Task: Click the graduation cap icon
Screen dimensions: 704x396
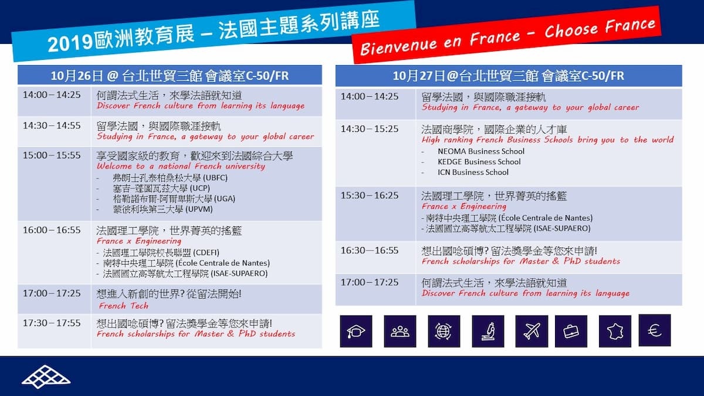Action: point(356,331)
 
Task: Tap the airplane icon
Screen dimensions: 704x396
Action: point(532,331)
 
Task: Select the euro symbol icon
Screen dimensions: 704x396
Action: point(655,330)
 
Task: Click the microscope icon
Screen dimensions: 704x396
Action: point(488,331)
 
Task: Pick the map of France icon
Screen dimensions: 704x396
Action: point(615,331)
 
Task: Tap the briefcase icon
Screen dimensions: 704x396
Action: point(571,331)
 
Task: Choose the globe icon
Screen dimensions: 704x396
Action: point(444,331)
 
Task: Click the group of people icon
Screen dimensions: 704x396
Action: point(400,331)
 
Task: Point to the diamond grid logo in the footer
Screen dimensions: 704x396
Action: point(46,377)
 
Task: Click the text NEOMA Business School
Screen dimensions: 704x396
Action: point(481,151)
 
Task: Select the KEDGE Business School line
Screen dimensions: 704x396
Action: point(479,161)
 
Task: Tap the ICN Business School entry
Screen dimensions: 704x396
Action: point(473,172)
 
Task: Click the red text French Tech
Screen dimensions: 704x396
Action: point(124,306)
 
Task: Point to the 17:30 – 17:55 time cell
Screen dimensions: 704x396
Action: point(52,323)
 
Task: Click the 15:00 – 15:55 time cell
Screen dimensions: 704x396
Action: point(52,155)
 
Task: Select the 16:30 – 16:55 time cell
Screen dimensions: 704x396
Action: point(370,251)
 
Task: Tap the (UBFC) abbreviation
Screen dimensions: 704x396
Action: point(215,178)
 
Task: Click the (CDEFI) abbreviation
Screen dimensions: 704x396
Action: point(206,253)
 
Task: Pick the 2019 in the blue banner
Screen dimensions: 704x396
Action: point(70,43)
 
